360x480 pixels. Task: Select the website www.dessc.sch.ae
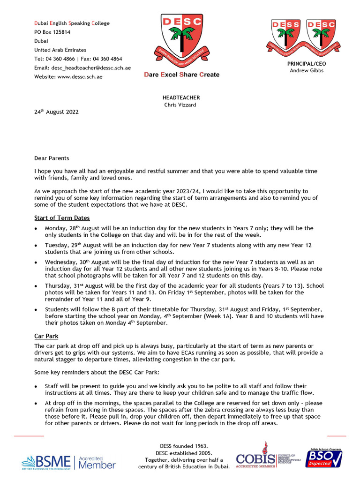pos(80,76)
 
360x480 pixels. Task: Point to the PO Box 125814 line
pos(52,32)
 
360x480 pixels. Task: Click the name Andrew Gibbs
pos(306,71)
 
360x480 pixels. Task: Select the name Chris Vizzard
pos(181,105)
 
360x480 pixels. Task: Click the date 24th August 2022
pos(56,112)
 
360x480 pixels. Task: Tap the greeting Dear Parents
pos(52,158)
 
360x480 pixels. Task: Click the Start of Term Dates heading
pos(62,218)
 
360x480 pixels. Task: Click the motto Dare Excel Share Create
pos(181,75)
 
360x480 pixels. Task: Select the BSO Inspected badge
pos(324,458)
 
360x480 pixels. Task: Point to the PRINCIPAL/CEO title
pos(306,63)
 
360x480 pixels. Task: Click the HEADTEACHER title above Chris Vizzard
pos(181,97)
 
